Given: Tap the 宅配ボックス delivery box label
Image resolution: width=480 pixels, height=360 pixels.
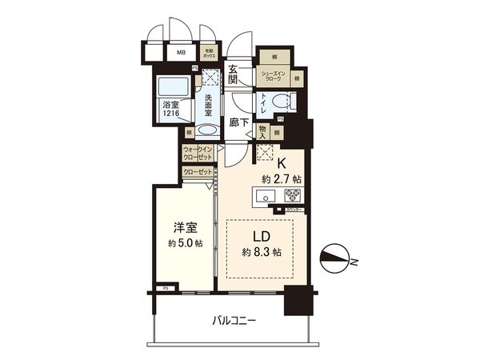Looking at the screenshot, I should [x=209, y=55].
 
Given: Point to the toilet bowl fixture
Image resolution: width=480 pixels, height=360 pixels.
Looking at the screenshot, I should [x=281, y=102].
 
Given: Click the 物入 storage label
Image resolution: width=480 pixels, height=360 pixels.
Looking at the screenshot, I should [x=261, y=132].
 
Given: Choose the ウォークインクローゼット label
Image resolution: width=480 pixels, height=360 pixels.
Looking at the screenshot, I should [x=198, y=154].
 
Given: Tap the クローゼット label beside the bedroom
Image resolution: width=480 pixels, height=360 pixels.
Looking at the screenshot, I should [x=197, y=172].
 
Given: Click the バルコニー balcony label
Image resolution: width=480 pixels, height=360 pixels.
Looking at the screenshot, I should [x=234, y=321].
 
